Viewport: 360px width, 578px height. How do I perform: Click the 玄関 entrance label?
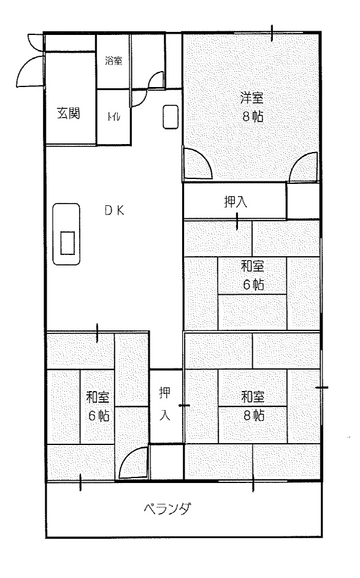69,113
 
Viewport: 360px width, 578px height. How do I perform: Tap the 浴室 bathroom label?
113,61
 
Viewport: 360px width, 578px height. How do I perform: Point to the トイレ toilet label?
113,117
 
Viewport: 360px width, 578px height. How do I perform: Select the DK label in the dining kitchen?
114,210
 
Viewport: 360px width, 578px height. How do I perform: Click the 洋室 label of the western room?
252,97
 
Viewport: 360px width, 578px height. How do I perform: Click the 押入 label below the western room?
236,202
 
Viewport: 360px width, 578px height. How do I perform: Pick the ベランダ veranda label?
167,509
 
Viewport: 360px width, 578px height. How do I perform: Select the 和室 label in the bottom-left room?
98,397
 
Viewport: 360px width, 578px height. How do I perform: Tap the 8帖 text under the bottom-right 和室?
254,416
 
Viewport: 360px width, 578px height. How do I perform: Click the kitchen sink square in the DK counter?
67,243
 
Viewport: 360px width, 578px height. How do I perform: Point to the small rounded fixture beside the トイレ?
170,117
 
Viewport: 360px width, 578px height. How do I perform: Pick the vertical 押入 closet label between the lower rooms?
164,404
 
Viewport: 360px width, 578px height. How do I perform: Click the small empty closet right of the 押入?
303,201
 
